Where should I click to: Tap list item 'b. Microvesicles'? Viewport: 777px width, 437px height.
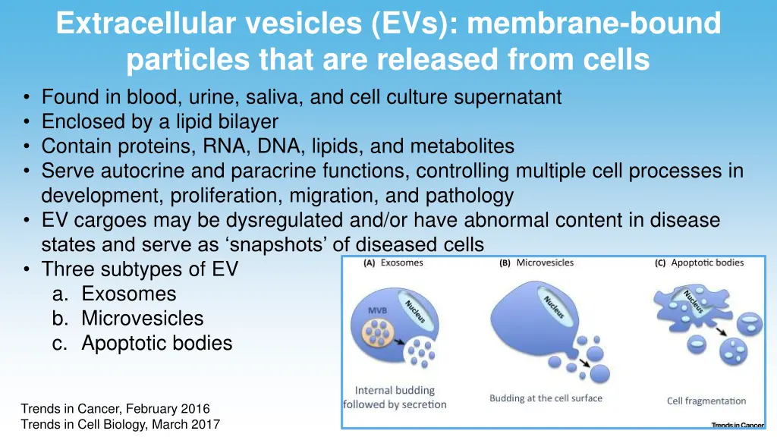pyautogui.click(x=127, y=318)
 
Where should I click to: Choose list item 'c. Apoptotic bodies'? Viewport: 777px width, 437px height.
pyautogui.click(x=142, y=343)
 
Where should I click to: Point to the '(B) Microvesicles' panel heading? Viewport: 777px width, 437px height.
pyautogui.click(x=536, y=263)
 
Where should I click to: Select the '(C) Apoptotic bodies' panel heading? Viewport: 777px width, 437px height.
pyautogui.click(x=699, y=263)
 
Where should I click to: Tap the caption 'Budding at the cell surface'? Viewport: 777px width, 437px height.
pyautogui.click(x=546, y=398)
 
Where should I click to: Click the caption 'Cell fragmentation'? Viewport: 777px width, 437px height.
pyautogui.click(x=706, y=401)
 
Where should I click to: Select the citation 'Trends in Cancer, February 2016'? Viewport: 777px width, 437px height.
pyautogui.click(x=115, y=409)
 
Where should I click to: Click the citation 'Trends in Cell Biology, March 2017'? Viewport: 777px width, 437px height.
pyautogui.click(x=120, y=424)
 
